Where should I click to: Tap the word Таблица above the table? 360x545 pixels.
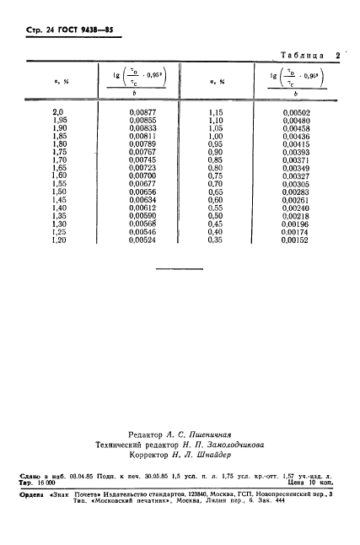tap(298, 56)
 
